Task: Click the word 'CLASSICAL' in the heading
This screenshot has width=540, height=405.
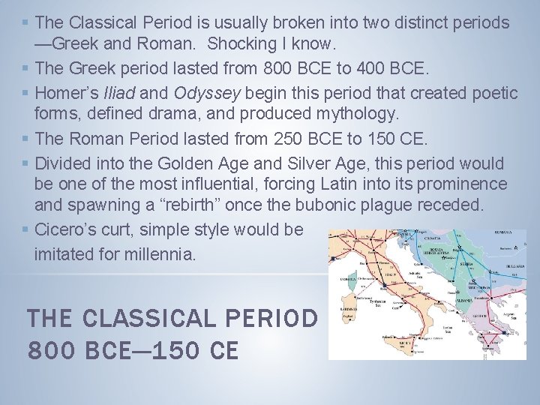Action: point(148,319)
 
